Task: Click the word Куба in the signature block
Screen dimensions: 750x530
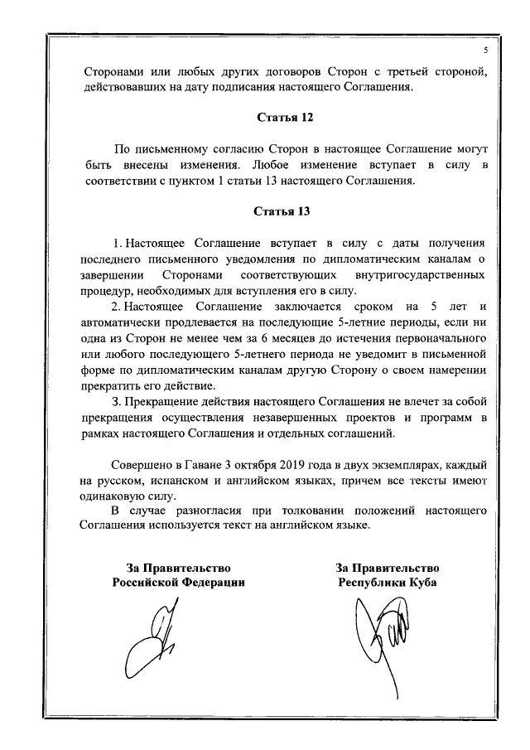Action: click(x=420, y=583)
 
